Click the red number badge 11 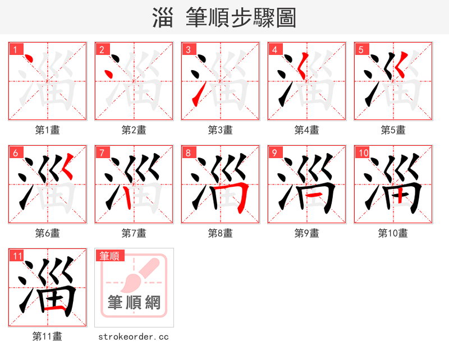(x=17, y=256)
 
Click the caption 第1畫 (x=47, y=130)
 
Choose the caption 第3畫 (x=220, y=130)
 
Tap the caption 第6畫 (x=47, y=233)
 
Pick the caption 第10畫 (x=393, y=233)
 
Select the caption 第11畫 (x=47, y=336)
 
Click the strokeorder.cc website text (x=134, y=336)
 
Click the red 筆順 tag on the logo (x=109, y=256)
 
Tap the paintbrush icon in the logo (x=135, y=275)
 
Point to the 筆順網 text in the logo (x=134, y=303)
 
